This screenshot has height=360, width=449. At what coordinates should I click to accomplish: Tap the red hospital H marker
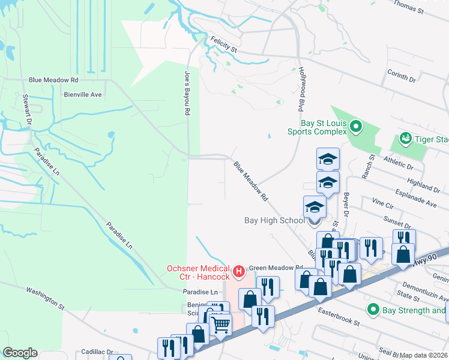click(x=239, y=272)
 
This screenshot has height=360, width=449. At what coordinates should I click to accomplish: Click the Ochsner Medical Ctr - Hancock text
click(x=198, y=272)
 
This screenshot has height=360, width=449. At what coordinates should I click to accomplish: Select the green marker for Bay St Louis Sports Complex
click(x=356, y=127)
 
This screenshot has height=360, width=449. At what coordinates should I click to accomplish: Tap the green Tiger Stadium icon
click(x=405, y=139)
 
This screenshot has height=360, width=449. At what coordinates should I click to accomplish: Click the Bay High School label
click(x=274, y=220)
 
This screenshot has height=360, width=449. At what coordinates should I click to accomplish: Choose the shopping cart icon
click(x=221, y=325)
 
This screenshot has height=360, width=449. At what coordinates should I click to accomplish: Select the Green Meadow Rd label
click(x=276, y=268)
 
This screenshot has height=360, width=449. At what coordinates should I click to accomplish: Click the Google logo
click(x=20, y=352)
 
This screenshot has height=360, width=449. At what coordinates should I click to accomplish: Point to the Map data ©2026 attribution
click(x=423, y=355)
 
